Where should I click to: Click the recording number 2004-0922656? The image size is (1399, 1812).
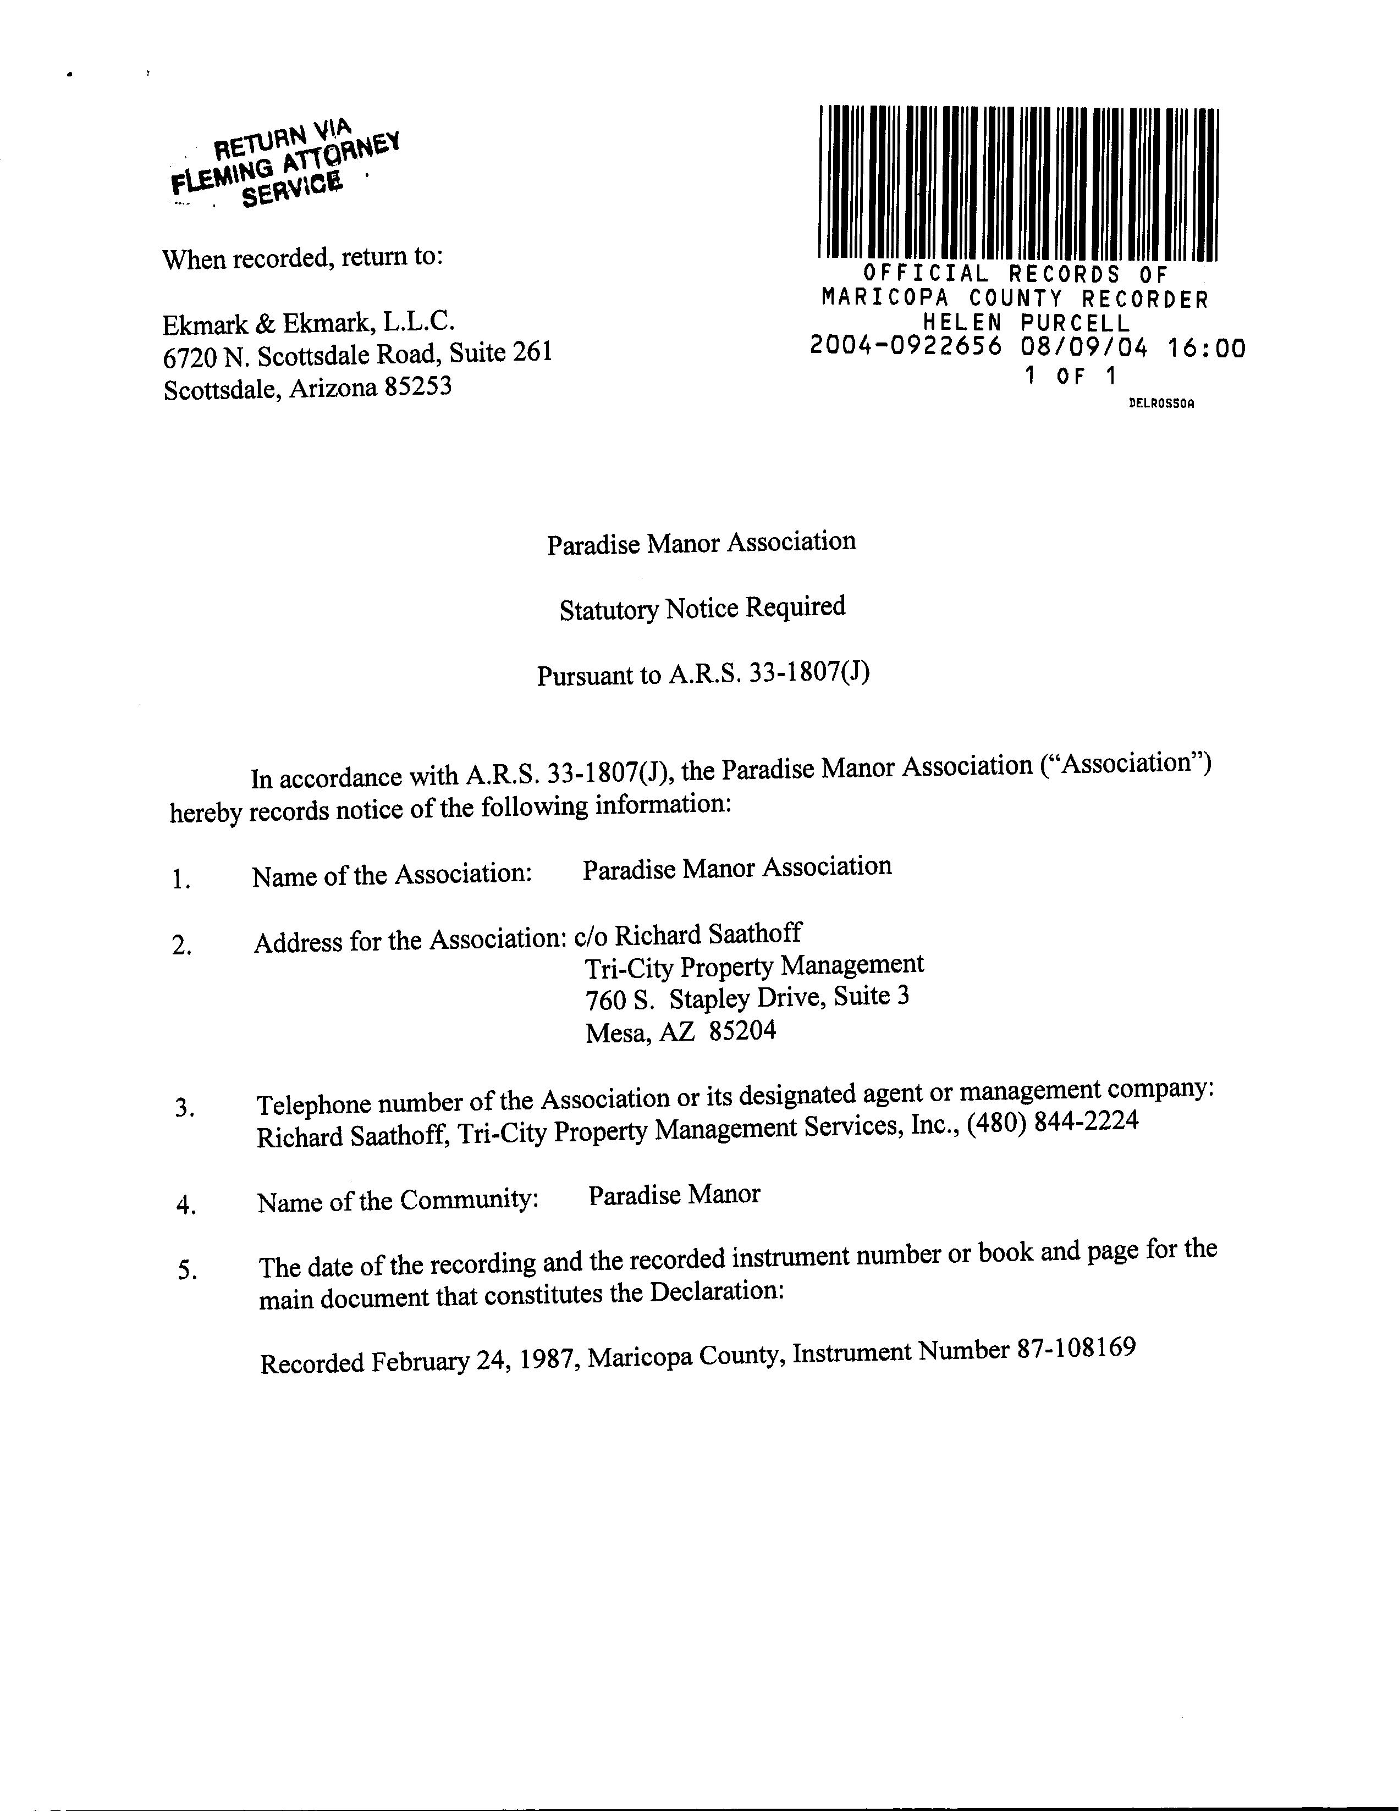tap(906, 347)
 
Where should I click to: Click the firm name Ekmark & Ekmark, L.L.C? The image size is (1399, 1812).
tap(309, 323)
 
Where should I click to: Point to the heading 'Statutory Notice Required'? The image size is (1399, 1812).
tap(702, 608)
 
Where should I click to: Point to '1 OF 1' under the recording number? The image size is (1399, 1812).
tap(1070, 376)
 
